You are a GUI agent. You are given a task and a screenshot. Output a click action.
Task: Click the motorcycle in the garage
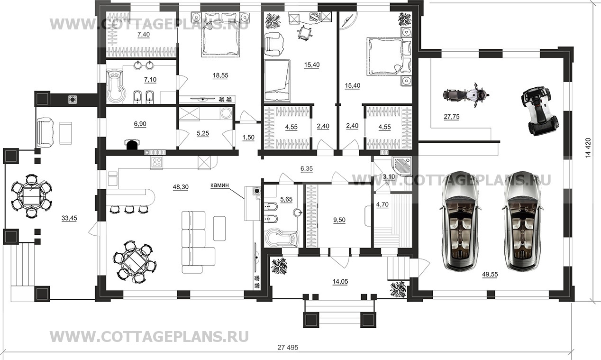(x=465, y=95)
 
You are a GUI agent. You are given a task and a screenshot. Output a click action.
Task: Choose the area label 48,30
(x=181, y=187)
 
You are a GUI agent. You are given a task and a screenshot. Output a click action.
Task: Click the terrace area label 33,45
(x=70, y=218)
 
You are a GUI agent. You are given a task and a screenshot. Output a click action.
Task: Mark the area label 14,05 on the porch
(x=340, y=281)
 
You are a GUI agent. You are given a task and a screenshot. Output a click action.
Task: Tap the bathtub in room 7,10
(x=115, y=86)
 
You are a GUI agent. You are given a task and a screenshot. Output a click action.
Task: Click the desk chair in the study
(x=303, y=33)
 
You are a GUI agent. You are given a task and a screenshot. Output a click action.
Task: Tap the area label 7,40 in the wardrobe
(x=144, y=35)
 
